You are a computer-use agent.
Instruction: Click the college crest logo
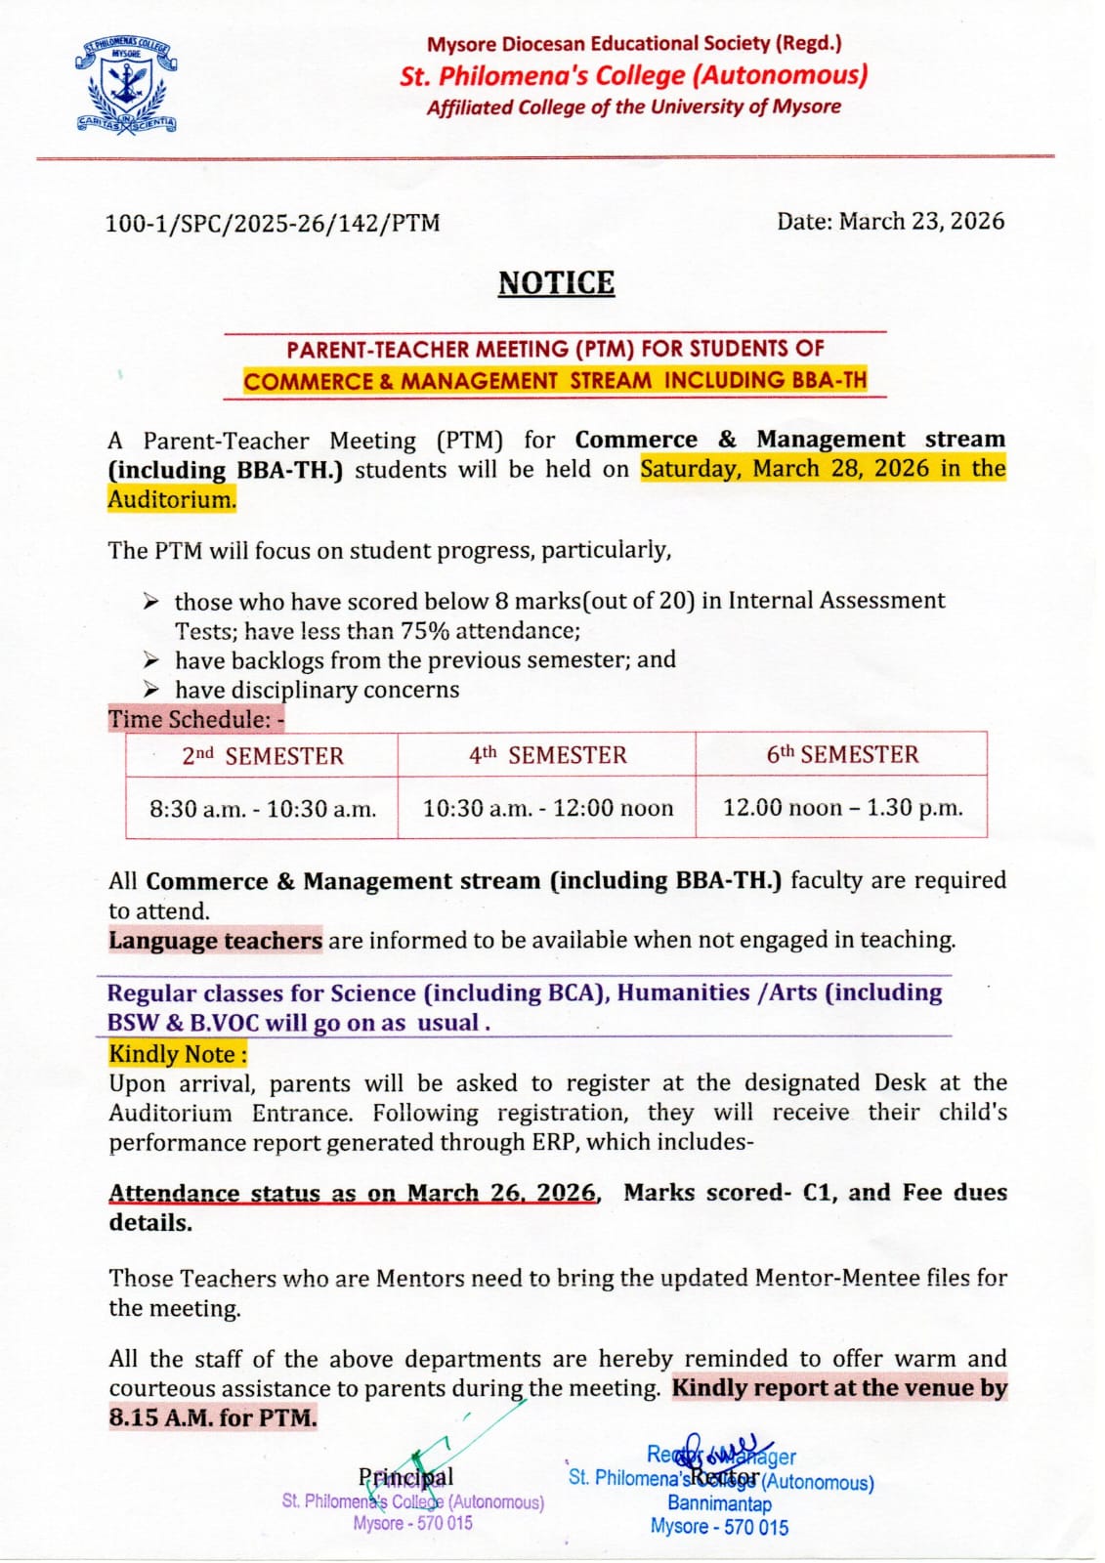pos(126,85)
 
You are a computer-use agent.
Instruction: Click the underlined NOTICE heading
pos(556,282)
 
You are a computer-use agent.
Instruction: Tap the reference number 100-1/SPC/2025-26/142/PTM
pos(273,223)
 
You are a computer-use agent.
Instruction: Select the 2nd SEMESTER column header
pos(263,756)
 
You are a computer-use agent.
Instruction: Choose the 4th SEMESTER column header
pos(547,755)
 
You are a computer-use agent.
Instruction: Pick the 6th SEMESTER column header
pos(842,754)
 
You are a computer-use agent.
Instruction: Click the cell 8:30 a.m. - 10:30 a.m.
pos(263,809)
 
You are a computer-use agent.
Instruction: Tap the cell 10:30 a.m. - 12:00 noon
pos(547,808)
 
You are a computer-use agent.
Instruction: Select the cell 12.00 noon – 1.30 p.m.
pos(842,807)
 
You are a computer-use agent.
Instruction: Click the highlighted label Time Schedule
pos(195,719)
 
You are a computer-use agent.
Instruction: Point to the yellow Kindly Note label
pos(177,1054)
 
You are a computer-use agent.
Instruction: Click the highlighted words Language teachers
pos(215,940)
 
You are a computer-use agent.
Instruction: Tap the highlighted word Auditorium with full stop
pos(172,499)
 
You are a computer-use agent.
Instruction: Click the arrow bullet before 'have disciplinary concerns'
pos(150,689)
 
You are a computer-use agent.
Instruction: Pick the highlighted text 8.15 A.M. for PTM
pos(213,1417)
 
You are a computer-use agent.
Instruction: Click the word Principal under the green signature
pos(405,1476)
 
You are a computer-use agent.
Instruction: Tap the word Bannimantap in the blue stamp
pos(719,1503)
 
